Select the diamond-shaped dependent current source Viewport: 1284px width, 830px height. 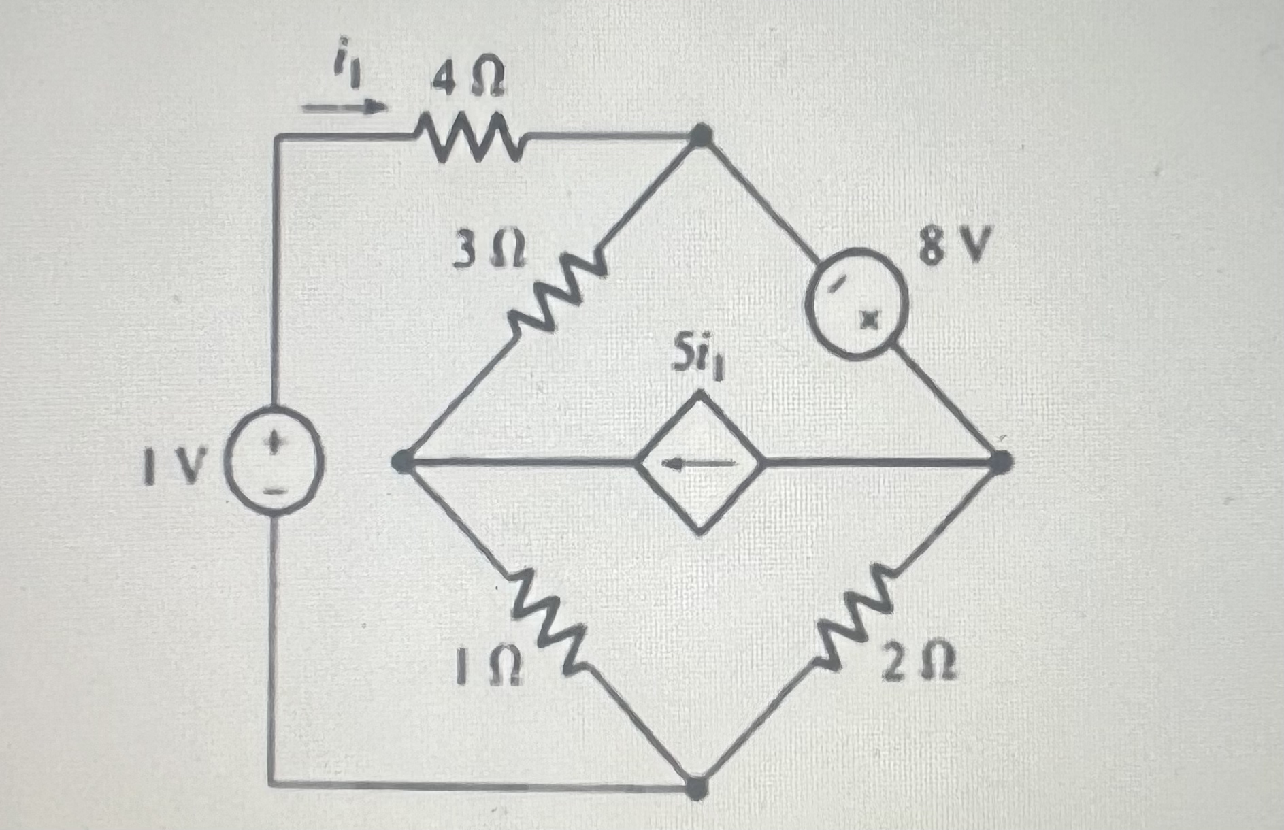[x=699, y=463]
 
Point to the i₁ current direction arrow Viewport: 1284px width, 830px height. [x=344, y=107]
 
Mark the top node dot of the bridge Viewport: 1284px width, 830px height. [x=701, y=136]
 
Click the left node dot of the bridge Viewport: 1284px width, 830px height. [x=403, y=462]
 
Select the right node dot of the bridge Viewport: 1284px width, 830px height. [x=999, y=463]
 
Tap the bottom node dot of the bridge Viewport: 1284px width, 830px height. [x=696, y=788]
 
